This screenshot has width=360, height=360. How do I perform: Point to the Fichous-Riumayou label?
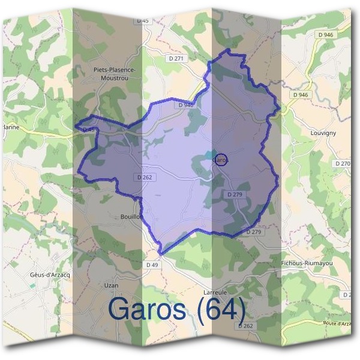307,263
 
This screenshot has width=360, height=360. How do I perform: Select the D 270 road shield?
343,163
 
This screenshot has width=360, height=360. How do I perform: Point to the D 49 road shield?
151,265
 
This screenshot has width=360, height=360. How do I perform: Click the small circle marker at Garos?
221,160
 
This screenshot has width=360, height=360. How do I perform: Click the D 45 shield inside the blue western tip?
89,129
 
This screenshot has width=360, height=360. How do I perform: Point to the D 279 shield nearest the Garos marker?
234,195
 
